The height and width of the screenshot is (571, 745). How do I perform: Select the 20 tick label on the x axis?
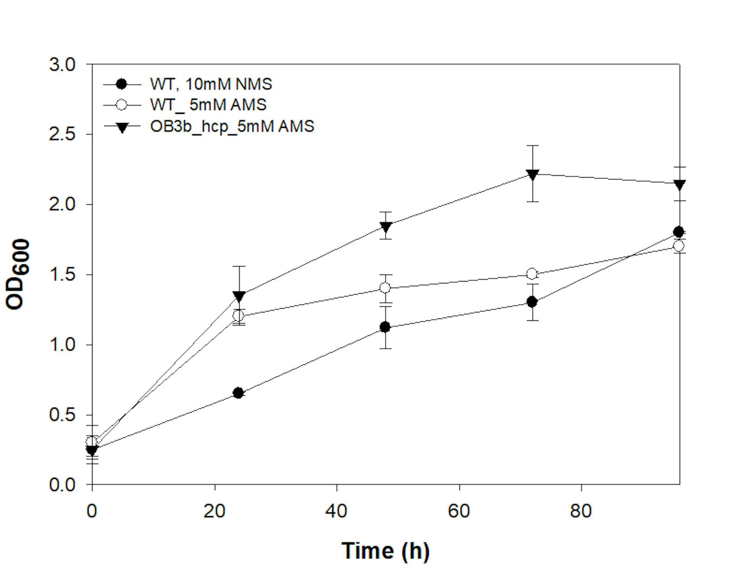214,511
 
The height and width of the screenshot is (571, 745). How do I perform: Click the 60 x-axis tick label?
459,511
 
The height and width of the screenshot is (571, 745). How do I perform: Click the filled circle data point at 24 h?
238,393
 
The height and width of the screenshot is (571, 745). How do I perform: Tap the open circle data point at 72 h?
532,274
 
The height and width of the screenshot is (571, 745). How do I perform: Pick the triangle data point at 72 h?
532,175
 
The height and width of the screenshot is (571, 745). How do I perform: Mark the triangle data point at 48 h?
385,227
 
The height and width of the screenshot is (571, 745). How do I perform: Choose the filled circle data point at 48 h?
385,327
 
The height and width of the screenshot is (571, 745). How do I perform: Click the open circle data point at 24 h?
238,316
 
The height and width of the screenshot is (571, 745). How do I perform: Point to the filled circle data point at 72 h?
532,302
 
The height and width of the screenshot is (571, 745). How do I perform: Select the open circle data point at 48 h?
385,288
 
